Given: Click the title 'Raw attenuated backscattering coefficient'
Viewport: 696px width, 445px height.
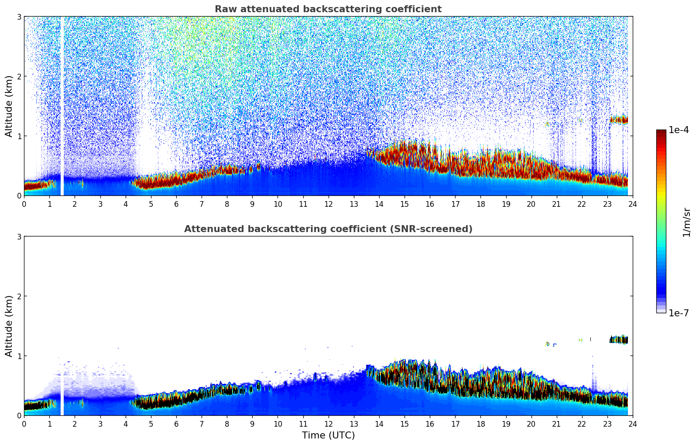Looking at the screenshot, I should (328, 9).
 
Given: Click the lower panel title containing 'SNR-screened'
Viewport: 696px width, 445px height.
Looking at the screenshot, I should (328, 229).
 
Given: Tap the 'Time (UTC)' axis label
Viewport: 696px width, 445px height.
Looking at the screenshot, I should (328, 435).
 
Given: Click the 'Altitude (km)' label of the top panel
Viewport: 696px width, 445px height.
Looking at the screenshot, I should (9, 106).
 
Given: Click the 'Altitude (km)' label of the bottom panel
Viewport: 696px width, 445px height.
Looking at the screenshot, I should (9, 326).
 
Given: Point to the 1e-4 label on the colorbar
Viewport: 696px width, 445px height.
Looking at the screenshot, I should (679, 130).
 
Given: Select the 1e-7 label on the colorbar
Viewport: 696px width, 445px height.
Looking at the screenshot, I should (679, 313).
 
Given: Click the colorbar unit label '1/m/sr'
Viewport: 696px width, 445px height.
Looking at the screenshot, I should (686, 222).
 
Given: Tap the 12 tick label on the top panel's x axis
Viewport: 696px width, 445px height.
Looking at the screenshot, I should (328, 204).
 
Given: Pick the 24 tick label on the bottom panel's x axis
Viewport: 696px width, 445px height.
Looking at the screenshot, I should (632, 424).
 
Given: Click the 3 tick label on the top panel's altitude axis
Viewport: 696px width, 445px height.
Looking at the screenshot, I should (19, 17).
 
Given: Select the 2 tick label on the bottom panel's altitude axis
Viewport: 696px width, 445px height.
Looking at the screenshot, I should (19, 296).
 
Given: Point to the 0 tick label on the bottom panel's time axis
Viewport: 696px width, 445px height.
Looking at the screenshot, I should (24, 424).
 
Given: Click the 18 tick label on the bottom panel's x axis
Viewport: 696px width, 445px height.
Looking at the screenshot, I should (480, 424).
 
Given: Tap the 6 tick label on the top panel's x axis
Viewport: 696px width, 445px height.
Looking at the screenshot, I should (176, 204).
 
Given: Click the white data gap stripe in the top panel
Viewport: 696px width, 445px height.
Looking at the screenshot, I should (62, 106).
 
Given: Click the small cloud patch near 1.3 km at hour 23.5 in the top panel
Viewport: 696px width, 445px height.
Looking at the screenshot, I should (619, 119).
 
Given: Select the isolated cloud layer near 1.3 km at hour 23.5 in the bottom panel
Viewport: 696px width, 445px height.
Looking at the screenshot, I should (619, 339).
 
